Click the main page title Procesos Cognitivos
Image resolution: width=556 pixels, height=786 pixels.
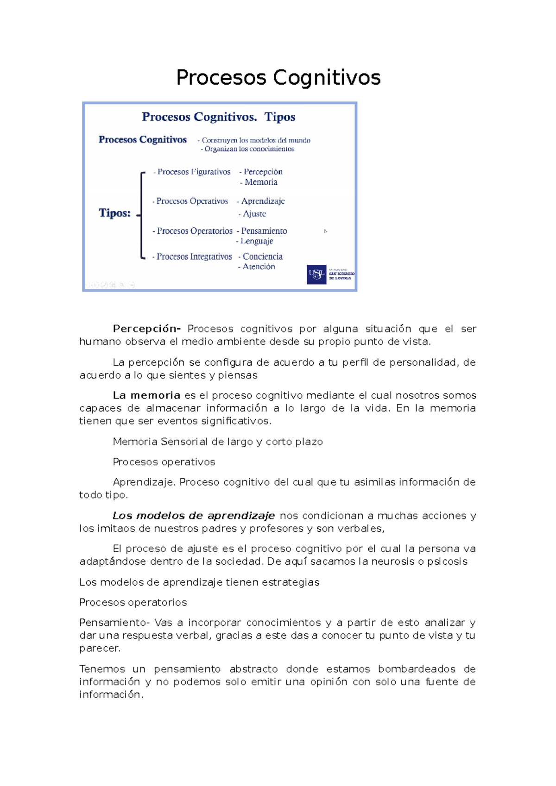tap(278, 77)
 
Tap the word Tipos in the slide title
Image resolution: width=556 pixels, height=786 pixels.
tap(280, 117)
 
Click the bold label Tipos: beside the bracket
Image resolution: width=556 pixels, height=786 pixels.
tap(114, 213)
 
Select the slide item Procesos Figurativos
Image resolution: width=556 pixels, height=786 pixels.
tap(193, 172)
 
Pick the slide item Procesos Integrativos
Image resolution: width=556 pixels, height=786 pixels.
tap(194, 256)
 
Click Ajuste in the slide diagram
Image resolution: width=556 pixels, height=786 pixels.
tap(254, 214)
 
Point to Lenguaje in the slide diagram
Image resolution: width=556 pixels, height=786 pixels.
tap(257, 241)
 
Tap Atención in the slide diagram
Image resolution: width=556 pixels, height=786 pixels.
tap(259, 267)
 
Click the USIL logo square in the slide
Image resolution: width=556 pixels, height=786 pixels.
tap(316, 274)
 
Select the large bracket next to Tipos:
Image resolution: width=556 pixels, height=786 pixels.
tap(142, 215)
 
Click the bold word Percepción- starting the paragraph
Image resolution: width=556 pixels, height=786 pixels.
tap(146, 329)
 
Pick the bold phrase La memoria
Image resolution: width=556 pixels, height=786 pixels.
tap(146, 395)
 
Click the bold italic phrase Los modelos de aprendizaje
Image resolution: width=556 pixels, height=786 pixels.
tap(194, 516)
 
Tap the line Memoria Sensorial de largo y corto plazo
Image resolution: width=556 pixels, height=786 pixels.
tap(218, 442)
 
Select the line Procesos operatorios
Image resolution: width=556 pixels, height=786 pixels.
tap(133, 602)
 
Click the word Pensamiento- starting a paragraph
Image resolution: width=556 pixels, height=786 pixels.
tap(114, 623)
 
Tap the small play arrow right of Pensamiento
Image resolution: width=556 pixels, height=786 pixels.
tap(326, 231)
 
